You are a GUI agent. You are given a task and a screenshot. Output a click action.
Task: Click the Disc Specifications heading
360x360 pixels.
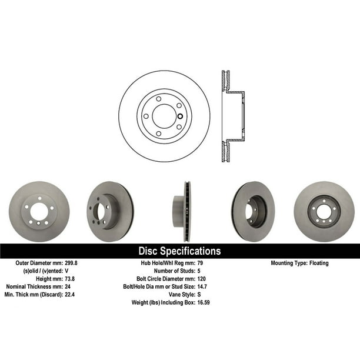pyautogui.click(x=179, y=251)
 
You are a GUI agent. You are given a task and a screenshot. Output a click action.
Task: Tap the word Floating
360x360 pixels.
pyautogui.click(x=318, y=263)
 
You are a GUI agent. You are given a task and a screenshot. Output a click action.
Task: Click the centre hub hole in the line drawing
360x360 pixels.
pyautogui.click(x=164, y=116)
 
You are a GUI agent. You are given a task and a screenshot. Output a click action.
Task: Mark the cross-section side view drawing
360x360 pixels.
pyautogui.click(x=233, y=116)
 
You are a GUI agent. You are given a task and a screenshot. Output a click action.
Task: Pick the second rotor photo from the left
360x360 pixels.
pyautogui.click(x=109, y=211)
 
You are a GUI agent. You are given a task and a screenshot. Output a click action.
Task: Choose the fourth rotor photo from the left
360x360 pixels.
pyautogui.click(x=252, y=211)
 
